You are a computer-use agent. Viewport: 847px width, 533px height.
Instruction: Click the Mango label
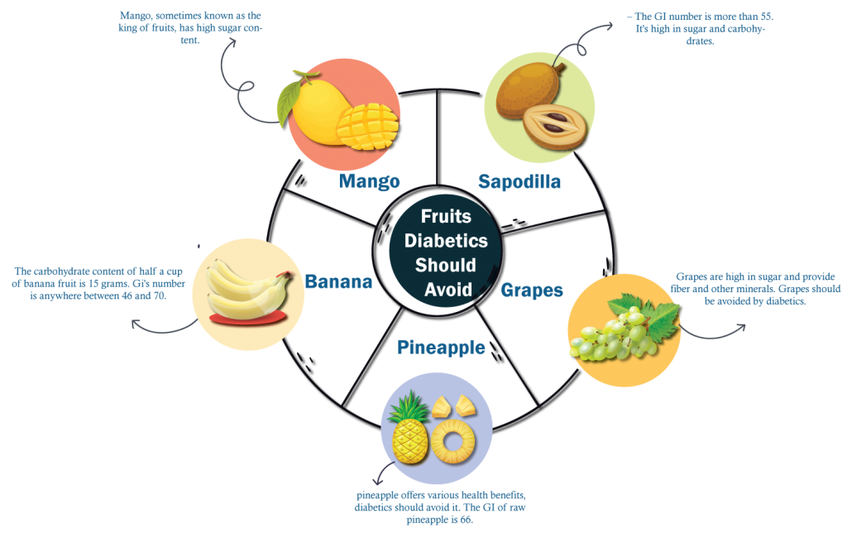tap(369, 181)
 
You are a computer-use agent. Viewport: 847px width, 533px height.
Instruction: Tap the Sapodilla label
tap(519, 182)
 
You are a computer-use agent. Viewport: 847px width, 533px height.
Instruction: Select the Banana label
tap(338, 282)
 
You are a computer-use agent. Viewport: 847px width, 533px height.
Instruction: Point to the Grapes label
tap(531, 291)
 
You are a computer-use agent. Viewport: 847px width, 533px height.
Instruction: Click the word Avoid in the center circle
tap(447, 291)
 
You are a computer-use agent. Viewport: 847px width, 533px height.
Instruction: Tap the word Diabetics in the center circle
tap(446, 242)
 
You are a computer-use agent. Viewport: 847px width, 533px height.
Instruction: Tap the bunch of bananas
tap(245, 286)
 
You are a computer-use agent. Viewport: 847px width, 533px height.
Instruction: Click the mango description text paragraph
tap(192, 27)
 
